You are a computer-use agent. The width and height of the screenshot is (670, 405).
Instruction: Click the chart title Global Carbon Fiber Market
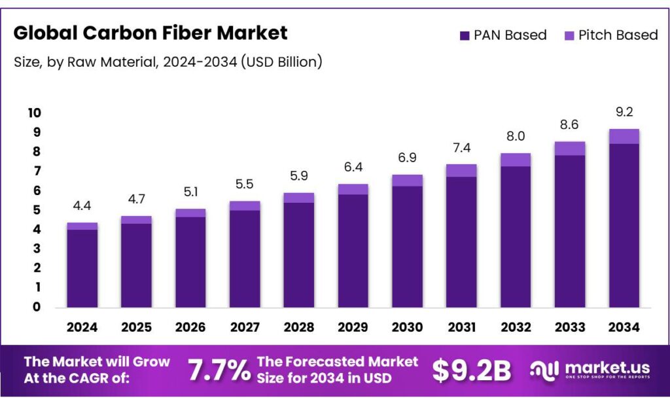click(150, 33)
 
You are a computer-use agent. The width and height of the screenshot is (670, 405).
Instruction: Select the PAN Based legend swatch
click(465, 35)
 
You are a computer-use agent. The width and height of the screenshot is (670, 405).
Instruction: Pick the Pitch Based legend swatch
click(569, 35)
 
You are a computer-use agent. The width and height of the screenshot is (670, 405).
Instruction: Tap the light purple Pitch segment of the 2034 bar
click(624, 136)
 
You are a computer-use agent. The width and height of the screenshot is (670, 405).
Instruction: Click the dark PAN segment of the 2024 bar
click(82, 268)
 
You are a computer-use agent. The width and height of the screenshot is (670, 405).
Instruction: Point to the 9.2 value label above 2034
click(624, 113)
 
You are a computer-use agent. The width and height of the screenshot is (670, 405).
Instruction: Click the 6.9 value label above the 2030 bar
click(407, 158)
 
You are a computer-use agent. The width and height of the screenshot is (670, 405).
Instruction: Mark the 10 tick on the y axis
click(34, 113)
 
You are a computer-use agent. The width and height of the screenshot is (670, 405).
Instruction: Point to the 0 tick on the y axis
click(36, 307)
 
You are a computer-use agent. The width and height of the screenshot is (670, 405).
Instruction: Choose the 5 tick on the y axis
click(36, 210)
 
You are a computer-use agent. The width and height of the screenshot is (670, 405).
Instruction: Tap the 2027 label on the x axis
click(244, 327)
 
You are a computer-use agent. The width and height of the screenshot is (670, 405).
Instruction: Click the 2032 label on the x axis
click(515, 327)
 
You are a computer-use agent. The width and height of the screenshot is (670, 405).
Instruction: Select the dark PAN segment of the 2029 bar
click(353, 251)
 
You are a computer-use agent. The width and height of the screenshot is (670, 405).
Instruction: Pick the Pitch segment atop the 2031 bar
click(461, 170)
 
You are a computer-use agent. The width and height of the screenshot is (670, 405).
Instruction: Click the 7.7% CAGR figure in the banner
click(219, 371)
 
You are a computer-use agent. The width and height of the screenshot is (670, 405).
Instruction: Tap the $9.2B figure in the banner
click(471, 371)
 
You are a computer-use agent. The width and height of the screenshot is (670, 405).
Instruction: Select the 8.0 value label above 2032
click(515, 137)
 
